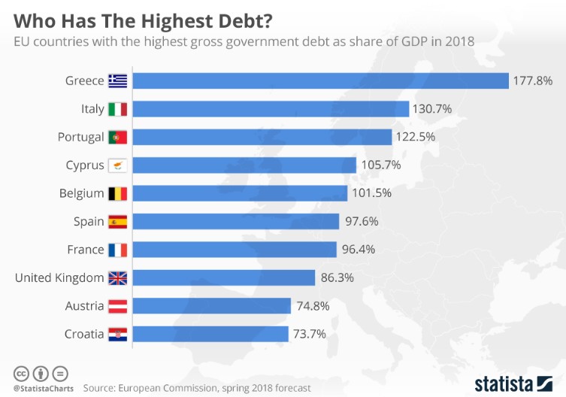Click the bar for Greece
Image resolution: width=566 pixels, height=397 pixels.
[321, 80]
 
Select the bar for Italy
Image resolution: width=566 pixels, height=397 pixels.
[271, 109]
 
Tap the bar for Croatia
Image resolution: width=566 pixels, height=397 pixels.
[211, 334]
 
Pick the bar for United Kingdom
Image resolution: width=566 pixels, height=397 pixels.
[224, 277]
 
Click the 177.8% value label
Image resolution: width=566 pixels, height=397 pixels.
[532, 80]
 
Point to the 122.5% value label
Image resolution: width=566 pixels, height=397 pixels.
[416, 137]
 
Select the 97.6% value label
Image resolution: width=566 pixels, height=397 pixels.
[362, 221]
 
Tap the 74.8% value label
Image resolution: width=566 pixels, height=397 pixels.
[314, 305]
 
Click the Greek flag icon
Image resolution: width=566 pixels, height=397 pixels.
[118, 80]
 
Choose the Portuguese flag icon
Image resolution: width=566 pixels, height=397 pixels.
[118, 137]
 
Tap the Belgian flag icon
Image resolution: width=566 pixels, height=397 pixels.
[118, 193]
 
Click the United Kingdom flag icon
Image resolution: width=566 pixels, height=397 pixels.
[118, 277]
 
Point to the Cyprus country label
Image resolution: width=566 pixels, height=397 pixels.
[85, 165]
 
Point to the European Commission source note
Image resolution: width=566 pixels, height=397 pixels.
[196, 389]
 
